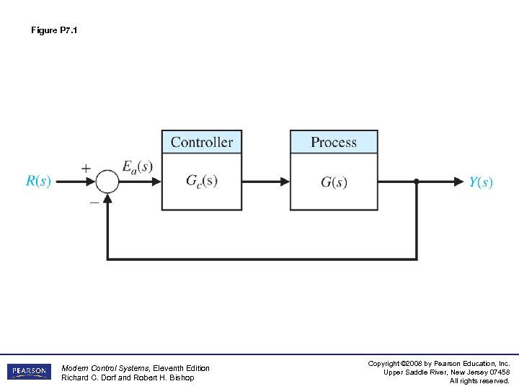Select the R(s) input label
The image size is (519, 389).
click(38, 182)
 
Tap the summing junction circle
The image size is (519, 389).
click(107, 182)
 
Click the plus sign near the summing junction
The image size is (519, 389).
click(86, 168)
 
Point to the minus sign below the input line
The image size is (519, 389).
click(94, 202)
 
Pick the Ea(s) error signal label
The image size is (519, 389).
click(137, 167)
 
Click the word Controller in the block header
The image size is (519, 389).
click(202, 142)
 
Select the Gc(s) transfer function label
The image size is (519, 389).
click(202, 181)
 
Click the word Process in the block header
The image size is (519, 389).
click(334, 142)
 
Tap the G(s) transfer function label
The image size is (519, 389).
click(334, 182)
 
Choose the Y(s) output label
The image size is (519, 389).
click(481, 182)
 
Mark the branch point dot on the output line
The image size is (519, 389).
click(417, 182)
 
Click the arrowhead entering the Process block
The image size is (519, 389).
click(285, 182)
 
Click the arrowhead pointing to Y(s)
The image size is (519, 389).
click(458, 182)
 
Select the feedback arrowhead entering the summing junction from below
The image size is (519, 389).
click(107, 200)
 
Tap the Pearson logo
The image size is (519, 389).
click(29, 372)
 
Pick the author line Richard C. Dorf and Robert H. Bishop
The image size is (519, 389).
click(128, 377)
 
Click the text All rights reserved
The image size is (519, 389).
click(479, 380)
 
